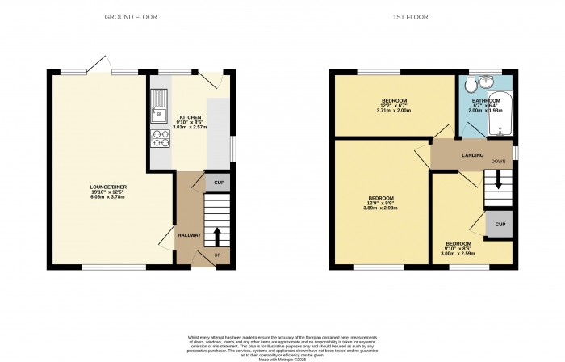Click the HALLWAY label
coord(190,235)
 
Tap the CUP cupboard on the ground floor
coord(217,183)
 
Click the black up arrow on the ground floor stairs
coord(216,236)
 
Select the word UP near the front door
coord(216,256)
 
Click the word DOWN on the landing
coord(497,161)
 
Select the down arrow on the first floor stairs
coord(497,182)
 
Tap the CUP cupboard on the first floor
coord(500,224)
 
